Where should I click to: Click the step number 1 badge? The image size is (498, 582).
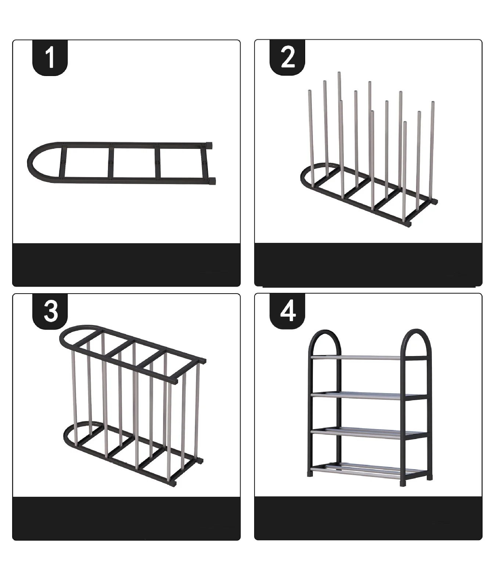tap(50, 58)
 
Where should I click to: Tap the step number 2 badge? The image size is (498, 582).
tap(288, 58)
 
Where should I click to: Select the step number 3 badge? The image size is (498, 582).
tap(50, 311)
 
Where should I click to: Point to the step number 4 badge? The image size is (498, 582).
tap(288, 311)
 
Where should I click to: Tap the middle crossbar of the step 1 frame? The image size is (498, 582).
tap(111, 163)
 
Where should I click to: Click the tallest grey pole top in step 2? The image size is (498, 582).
tap(339, 73)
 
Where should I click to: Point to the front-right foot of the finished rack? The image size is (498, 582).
tap(403, 484)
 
